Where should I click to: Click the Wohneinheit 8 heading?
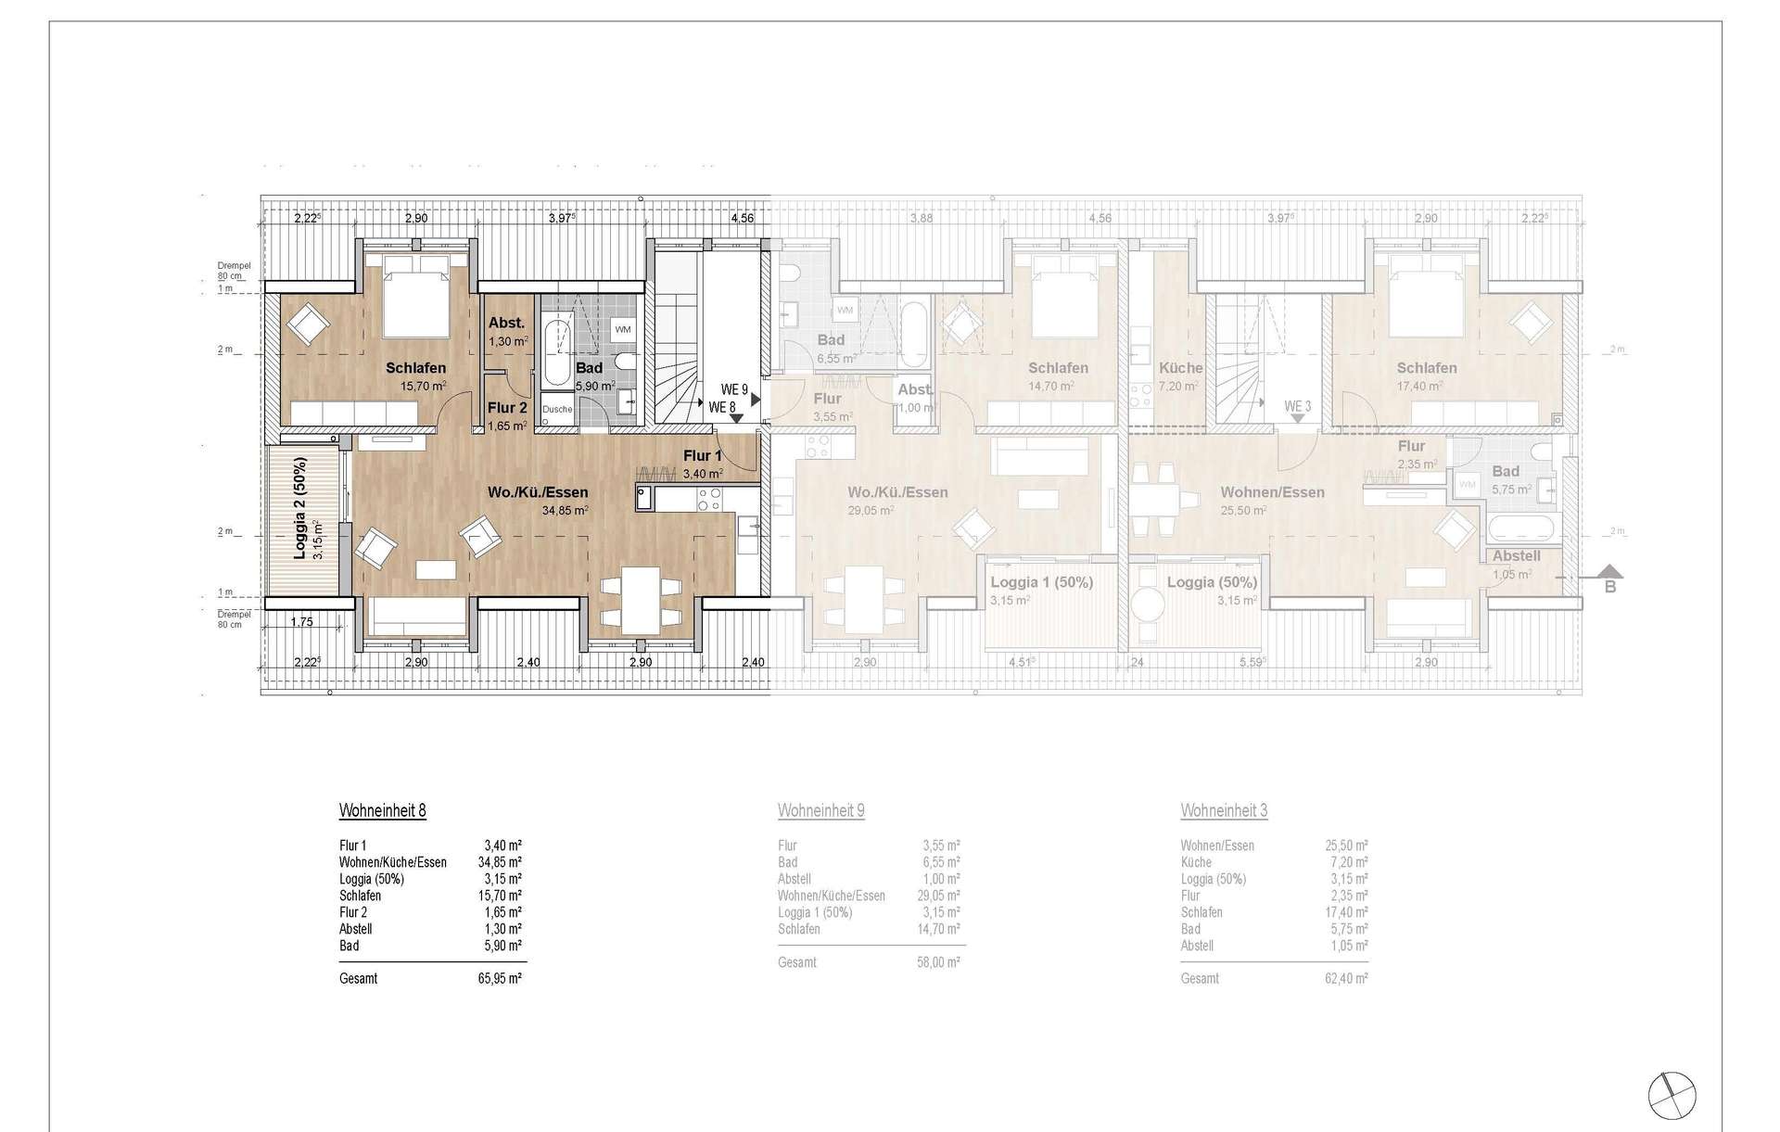point(382,811)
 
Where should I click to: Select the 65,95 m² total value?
point(500,979)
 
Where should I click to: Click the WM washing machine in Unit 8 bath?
point(622,329)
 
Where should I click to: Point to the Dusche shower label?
point(557,409)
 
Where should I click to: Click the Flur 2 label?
point(507,408)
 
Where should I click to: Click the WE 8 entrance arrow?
point(735,419)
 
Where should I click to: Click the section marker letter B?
point(1610,587)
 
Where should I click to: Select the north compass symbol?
point(1672,1093)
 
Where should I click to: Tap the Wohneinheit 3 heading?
point(1224,811)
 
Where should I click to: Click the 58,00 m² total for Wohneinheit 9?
point(938,963)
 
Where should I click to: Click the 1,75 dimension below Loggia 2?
point(302,622)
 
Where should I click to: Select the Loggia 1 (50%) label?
point(1041,583)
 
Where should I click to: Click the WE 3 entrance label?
point(1297,406)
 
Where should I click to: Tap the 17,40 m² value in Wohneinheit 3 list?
point(1346,912)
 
